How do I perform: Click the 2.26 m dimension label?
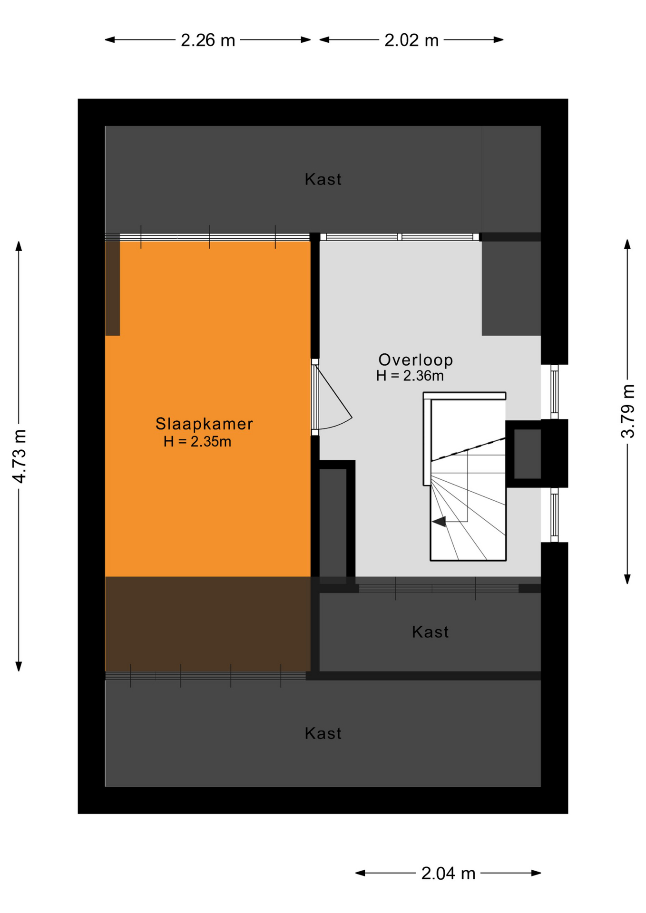(x=208, y=40)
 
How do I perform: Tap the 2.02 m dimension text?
(x=411, y=40)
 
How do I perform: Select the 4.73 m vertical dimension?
(x=20, y=456)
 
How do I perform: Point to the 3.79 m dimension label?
(x=627, y=411)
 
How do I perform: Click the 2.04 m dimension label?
(x=448, y=874)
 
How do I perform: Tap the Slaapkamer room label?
(x=204, y=424)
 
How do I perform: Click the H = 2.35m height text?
(x=197, y=442)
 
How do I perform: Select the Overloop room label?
(x=415, y=359)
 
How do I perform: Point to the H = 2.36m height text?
(x=410, y=376)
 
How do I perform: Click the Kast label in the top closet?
(x=323, y=179)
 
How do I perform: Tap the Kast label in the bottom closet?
(x=323, y=733)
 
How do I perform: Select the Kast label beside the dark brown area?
(x=430, y=632)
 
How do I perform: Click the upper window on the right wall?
(x=554, y=392)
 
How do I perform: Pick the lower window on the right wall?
(x=554, y=515)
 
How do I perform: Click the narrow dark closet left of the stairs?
(x=333, y=523)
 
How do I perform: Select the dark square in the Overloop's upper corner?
(x=511, y=288)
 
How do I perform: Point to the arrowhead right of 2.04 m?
(x=536, y=873)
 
